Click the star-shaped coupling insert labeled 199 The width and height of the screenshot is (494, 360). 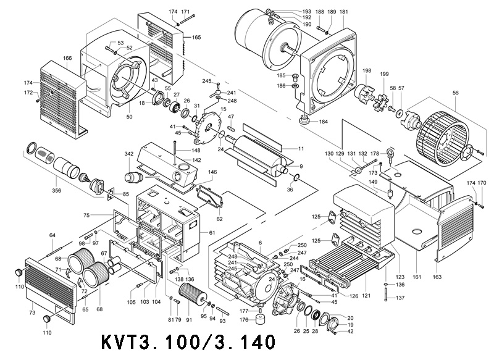coord(382,93)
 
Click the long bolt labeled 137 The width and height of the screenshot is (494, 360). coord(386,298)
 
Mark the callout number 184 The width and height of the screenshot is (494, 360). coord(323,122)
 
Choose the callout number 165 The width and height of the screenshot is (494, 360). coord(196,38)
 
